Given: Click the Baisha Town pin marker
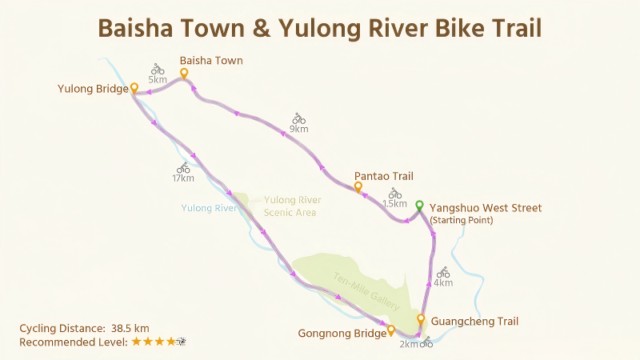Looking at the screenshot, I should [x=184, y=74].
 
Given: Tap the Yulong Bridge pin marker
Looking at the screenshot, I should [x=134, y=87].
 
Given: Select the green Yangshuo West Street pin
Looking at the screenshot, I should [x=419, y=205].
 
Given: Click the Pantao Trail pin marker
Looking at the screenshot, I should [x=358, y=187].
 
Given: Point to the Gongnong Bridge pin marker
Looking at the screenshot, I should [x=390, y=329].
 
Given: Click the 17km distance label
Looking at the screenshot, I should [x=183, y=178].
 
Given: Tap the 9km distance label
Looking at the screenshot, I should [x=299, y=128].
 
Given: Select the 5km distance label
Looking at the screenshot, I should [x=158, y=80].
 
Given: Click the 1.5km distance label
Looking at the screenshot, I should [x=395, y=204].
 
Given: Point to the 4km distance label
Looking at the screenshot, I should [x=443, y=282].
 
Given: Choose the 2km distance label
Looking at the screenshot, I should [x=408, y=344].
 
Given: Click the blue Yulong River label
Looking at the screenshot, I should [x=209, y=208].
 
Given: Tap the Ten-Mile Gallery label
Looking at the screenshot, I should [x=358, y=290].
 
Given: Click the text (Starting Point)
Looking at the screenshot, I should [x=462, y=220].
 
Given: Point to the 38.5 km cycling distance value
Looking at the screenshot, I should [x=130, y=328].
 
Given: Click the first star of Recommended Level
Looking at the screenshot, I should [x=136, y=342].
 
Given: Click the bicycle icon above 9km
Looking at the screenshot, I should [x=299, y=118].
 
